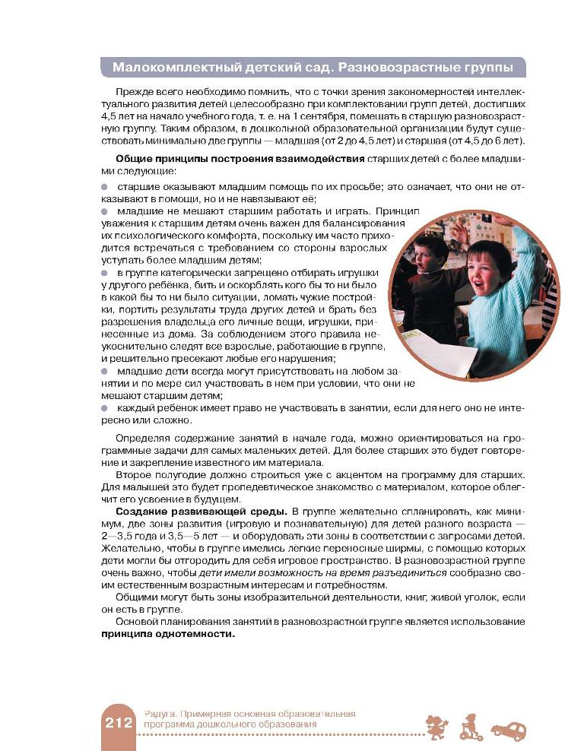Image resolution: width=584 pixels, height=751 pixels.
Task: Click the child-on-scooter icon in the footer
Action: tap(471, 727)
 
